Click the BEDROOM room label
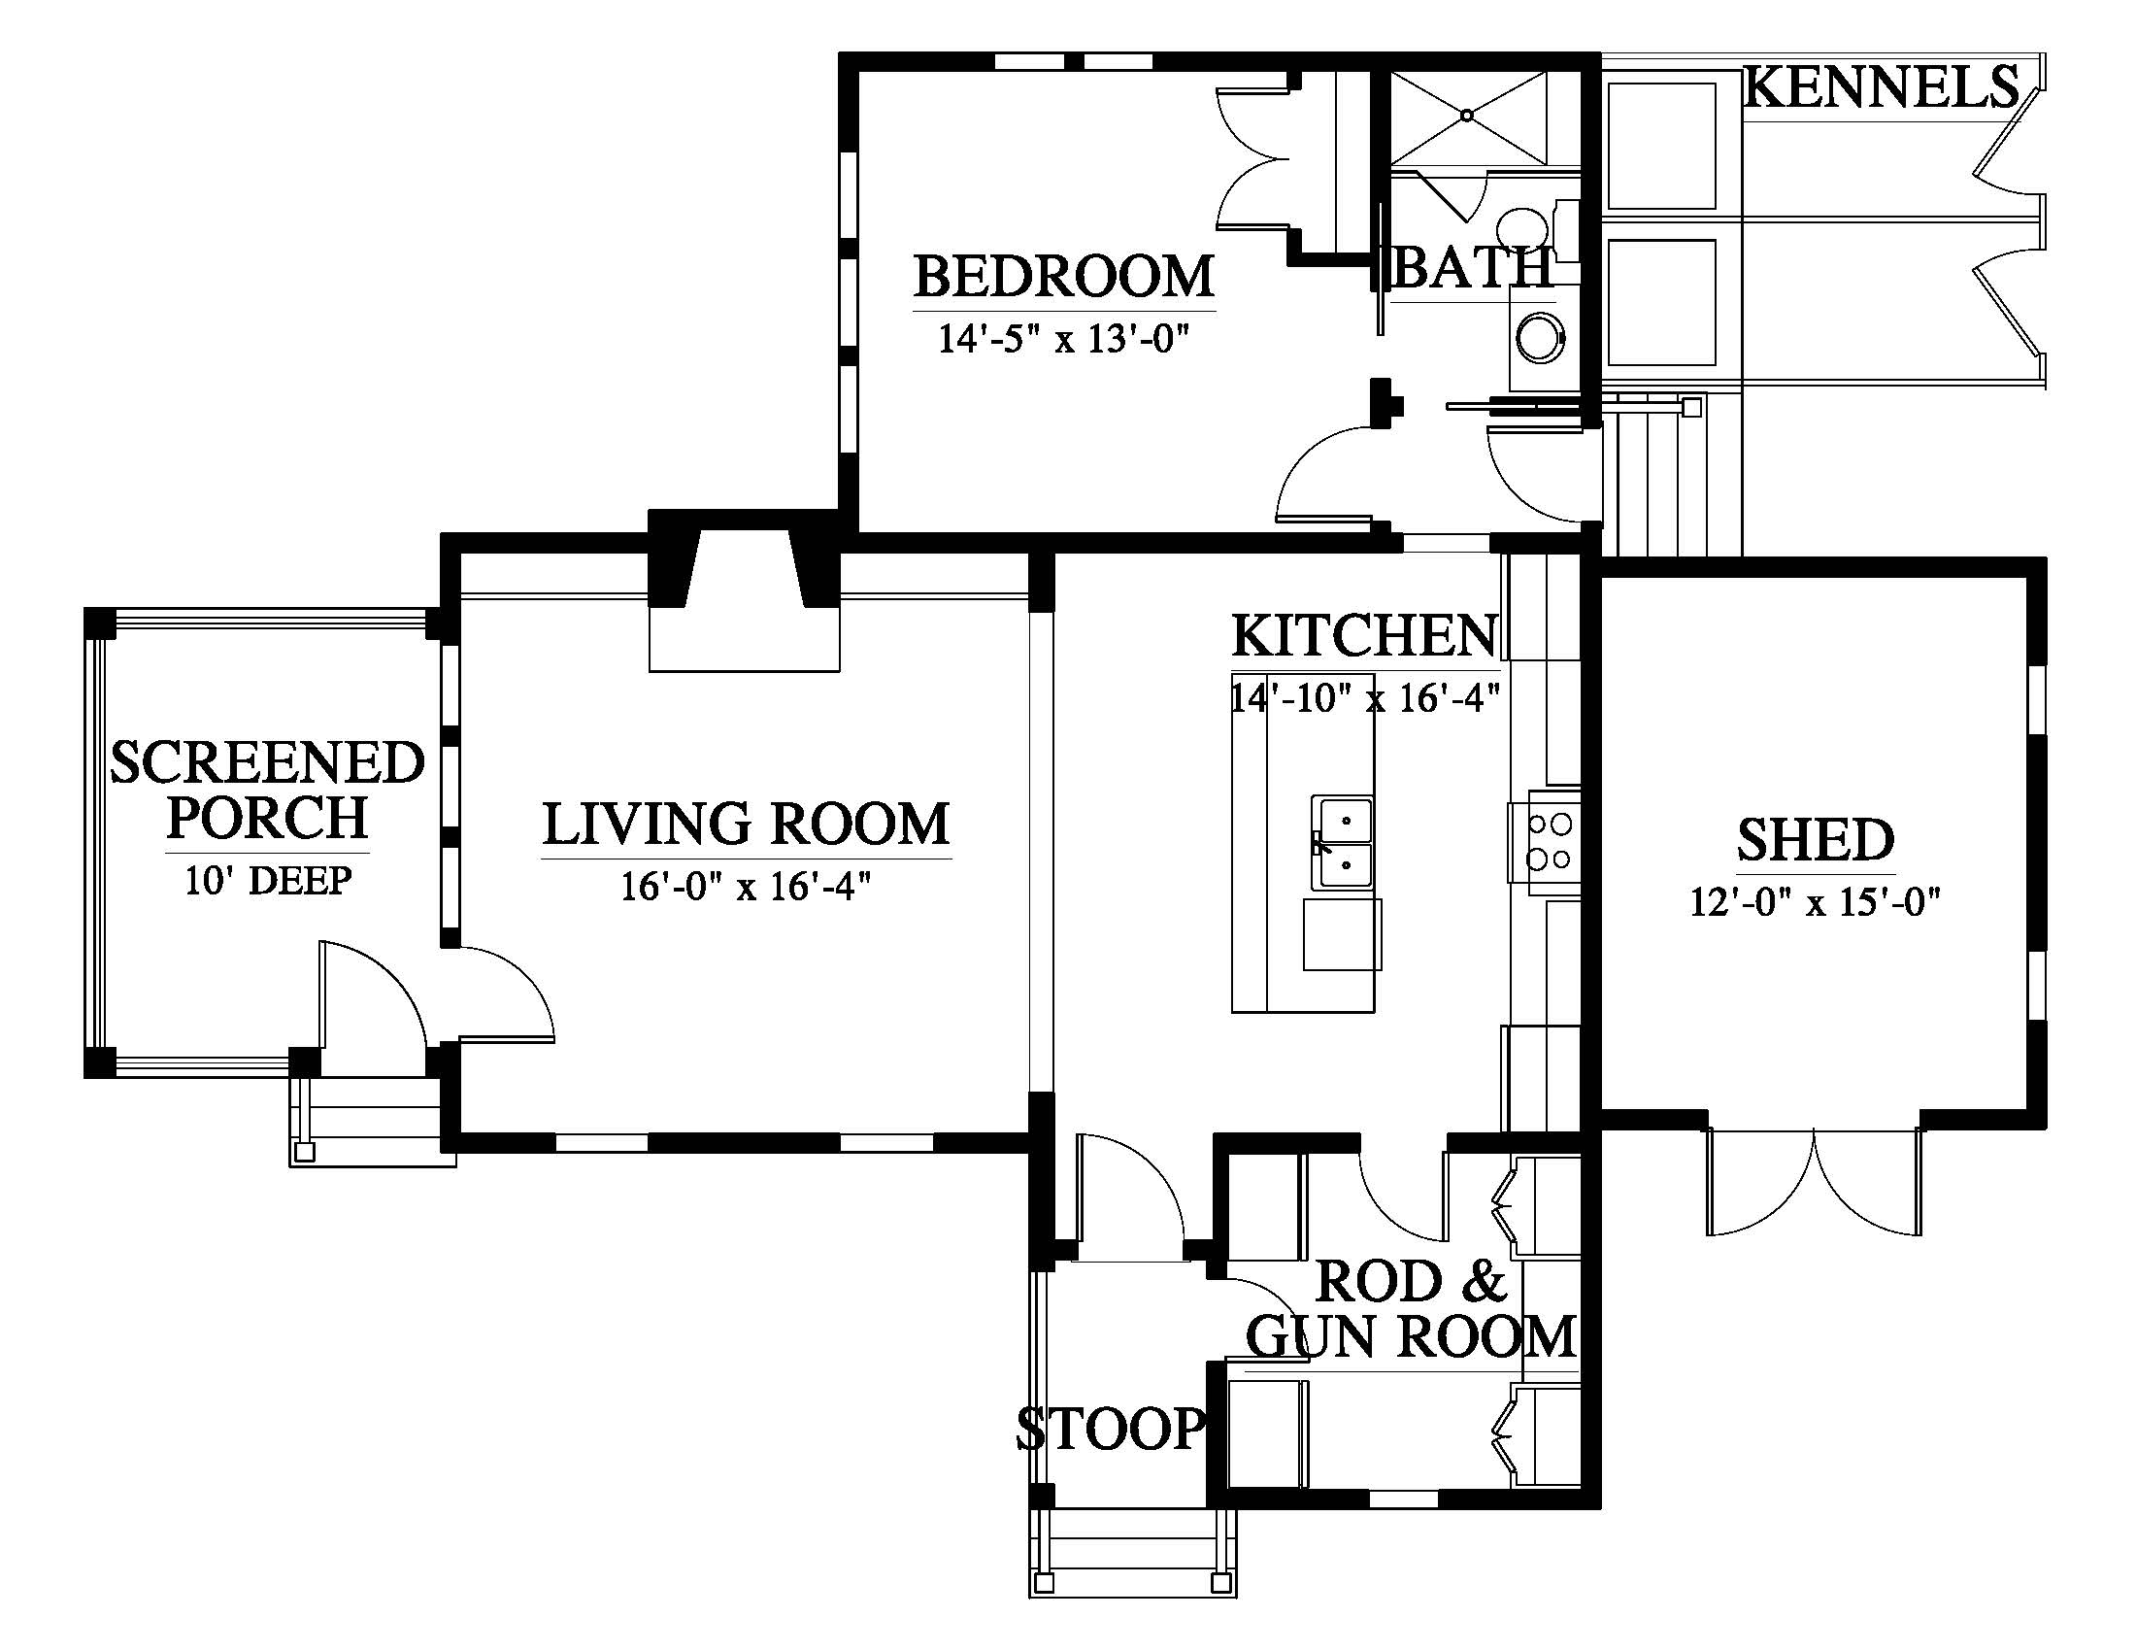point(1064,276)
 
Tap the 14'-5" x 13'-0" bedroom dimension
point(1064,339)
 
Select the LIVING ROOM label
point(747,824)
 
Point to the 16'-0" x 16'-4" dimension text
point(747,887)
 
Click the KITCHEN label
point(1364,636)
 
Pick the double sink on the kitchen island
point(1342,842)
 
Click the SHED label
point(1817,840)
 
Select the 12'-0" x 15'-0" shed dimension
point(1816,902)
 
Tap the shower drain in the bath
point(1467,116)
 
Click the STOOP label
point(1110,1429)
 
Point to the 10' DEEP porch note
point(268,880)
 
